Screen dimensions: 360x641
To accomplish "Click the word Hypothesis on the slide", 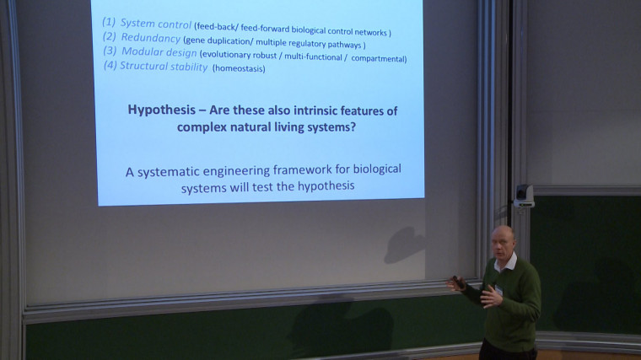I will click(x=165, y=110).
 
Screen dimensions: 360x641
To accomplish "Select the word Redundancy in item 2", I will click(x=150, y=38).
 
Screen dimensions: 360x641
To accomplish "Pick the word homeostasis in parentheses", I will click(x=239, y=68).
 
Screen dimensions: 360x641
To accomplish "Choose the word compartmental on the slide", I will click(x=371, y=59).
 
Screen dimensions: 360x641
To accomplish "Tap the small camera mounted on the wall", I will click(x=524, y=196).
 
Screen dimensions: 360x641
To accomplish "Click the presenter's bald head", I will click(x=504, y=239).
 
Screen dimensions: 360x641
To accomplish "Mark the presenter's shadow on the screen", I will click(x=405, y=244).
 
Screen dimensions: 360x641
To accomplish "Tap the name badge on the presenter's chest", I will click(x=499, y=289).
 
